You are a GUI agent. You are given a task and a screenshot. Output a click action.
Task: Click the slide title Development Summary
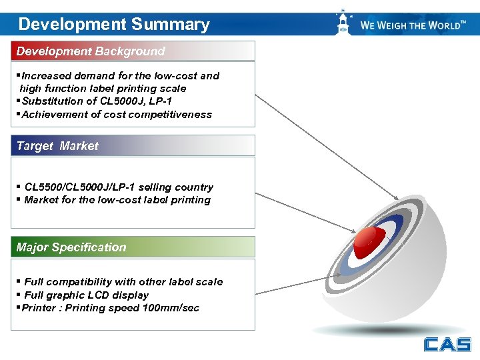(x=114, y=25)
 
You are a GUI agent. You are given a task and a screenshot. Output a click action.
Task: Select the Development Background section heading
(x=91, y=51)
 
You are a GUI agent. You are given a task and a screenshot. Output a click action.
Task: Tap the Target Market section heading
(x=57, y=146)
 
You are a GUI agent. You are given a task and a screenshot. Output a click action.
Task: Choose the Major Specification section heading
(x=71, y=247)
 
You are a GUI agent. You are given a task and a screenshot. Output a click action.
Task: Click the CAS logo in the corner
(x=447, y=344)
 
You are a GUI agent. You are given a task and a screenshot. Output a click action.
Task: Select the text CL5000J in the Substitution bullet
(x=120, y=101)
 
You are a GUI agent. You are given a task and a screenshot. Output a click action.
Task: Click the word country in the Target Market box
(x=194, y=187)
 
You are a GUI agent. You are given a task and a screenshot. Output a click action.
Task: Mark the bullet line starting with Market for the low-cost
(x=117, y=200)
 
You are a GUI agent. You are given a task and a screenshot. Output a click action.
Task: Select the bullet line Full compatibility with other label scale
(x=123, y=282)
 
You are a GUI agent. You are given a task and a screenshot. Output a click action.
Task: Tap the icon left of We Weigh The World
(x=343, y=24)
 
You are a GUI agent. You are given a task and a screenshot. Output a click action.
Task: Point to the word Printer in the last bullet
(x=39, y=308)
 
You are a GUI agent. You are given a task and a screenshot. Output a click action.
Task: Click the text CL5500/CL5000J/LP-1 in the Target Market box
(x=79, y=187)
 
